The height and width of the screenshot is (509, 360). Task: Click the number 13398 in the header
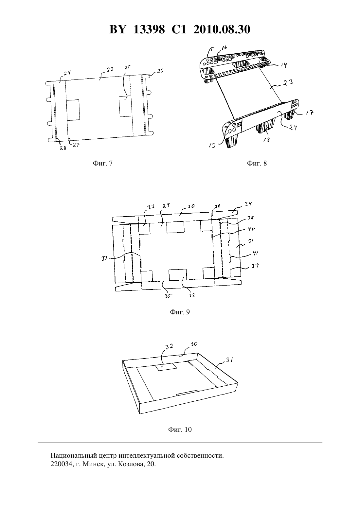[x=149, y=29]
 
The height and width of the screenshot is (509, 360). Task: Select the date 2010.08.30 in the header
[x=222, y=29]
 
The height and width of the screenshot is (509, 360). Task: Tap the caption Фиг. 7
[x=103, y=163]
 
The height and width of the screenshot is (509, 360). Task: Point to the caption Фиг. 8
[x=257, y=163]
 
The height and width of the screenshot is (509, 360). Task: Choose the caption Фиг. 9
[x=180, y=312]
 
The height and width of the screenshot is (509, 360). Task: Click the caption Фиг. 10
[x=180, y=430]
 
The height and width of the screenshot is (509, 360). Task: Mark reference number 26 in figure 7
[x=160, y=71]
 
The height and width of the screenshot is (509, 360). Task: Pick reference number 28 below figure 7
[x=63, y=148]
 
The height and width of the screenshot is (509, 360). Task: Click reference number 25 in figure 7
[x=128, y=68]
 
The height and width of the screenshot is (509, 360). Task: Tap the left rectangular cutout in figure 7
[x=73, y=110]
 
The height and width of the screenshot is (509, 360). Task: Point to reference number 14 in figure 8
[x=284, y=65]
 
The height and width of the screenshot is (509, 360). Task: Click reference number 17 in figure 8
[x=310, y=112]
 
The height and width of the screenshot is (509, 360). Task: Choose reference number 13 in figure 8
[x=212, y=145]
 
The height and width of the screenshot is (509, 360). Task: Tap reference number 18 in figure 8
[x=266, y=140]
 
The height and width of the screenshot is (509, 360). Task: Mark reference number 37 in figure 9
[x=104, y=258]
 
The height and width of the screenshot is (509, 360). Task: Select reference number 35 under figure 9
[x=167, y=296]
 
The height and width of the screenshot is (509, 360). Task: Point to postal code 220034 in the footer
[x=61, y=464]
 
